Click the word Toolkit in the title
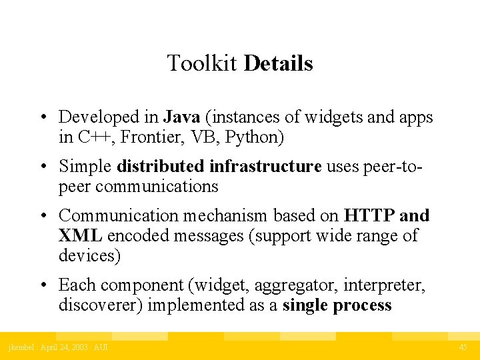coord(203,64)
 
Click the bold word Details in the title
coord(279,64)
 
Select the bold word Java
coord(181,117)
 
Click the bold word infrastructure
coord(265,166)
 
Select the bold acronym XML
coord(80,235)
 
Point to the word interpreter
coord(384,285)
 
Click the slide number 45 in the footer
coord(463,347)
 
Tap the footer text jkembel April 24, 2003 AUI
coord(58,347)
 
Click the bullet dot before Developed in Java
coord(42,118)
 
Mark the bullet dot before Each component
coord(42,286)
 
